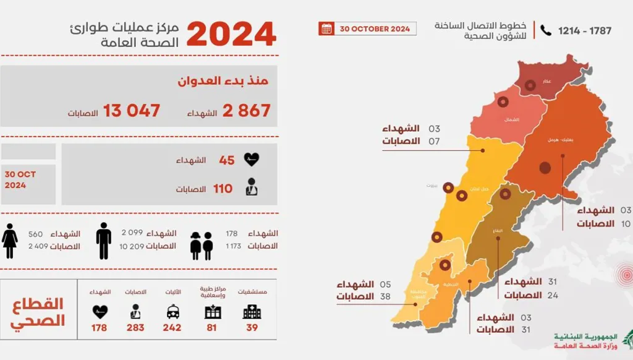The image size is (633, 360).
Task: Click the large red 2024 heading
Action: pyautogui.click(x=231, y=33)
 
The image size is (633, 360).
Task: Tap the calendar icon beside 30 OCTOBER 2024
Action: pyautogui.click(x=326, y=28)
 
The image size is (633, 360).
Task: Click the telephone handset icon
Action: pyautogui.click(x=546, y=30)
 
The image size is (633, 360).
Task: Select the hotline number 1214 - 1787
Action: pyautogui.click(x=584, y=30)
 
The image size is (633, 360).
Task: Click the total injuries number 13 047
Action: pyautogui.click(x=132, y=111)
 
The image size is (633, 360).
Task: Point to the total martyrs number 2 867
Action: pyautogui.click(x=247, y=111)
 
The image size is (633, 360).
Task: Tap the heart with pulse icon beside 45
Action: pyautogui.click(x=251, y=160)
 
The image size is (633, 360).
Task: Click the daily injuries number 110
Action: pyautogui.click(x=223, y=189)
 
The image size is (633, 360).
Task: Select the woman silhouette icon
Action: pyautogui.click(x=10, y=241)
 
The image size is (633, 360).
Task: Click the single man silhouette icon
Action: pyautogui.click(x=104, y=241)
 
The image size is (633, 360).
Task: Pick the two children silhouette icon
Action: pyautogui.click(x=202, y=245)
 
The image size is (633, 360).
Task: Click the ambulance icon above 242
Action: pyautogui.click(x=173, y=312)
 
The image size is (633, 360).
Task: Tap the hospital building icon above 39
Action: pyautogui.click(x=252, y=312)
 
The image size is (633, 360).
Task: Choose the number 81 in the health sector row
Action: pyautogui.click(x=211, y=328)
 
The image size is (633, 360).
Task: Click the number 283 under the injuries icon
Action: pyautogui.click(x=135, y=328)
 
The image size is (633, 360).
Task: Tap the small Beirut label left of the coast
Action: pyautogui.click(x=431, y=185)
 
